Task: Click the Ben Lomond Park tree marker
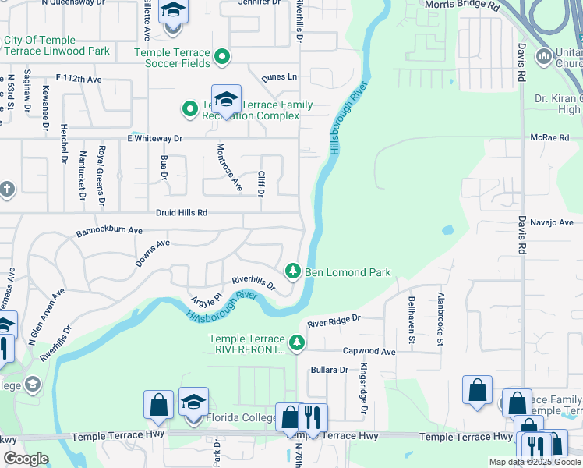click(293, 271)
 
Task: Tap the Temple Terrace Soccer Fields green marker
click(222, 56)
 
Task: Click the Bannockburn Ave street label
click(109, 232)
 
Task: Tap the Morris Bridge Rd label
click(462, 5)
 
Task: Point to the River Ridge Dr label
click(334, 320)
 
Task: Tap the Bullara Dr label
click(328, 370)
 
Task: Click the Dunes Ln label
click(279, 77)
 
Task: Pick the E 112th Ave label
click(79, 80)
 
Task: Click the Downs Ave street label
click(152, 254)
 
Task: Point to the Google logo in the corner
click(26, 459)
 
